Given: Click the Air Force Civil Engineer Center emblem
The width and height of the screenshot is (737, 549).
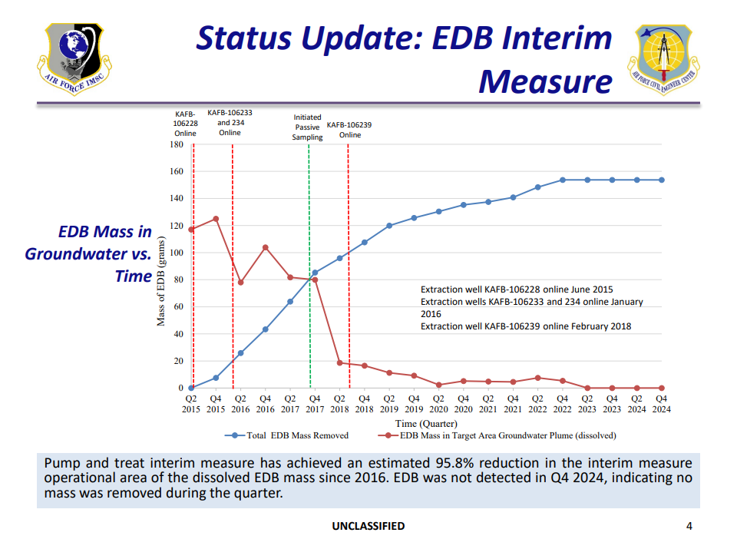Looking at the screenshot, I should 663,58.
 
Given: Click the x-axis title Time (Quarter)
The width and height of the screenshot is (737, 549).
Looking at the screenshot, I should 426,424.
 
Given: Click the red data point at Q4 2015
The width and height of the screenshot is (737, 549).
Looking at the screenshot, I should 216,219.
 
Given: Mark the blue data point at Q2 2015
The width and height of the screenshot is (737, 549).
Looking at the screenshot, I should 191,388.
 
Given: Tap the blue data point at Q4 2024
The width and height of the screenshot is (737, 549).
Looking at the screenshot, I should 662,180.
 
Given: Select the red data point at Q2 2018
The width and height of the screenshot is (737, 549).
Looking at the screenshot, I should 339,362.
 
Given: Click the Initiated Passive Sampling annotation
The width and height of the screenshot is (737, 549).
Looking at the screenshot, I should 307,127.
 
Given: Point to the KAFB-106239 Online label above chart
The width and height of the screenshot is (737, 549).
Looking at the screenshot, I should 349,129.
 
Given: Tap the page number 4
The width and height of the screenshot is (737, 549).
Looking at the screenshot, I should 689,526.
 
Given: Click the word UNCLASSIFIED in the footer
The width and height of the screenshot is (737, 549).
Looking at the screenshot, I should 368,526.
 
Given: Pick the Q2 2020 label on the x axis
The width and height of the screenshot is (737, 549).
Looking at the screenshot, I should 438,404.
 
